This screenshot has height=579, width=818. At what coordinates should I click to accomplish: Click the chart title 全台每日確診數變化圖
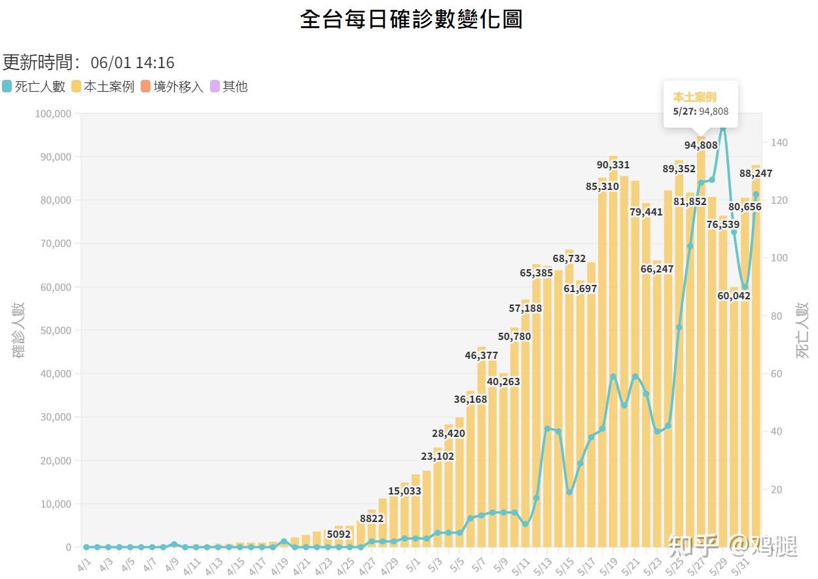(411, 19)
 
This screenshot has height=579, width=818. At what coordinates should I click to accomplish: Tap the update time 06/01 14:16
(132, 63)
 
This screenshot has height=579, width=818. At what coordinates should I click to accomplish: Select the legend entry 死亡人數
(33, 86)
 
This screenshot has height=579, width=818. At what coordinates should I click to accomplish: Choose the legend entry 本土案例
(103, 86)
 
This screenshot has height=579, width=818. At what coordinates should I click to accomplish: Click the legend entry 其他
(228, 86)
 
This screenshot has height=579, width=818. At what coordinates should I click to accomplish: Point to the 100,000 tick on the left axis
(53, 113)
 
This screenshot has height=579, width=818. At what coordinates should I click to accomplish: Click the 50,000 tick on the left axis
(56, 330)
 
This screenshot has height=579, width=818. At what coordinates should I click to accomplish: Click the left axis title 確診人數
(18, 330)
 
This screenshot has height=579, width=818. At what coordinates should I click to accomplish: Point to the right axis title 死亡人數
(802, 330)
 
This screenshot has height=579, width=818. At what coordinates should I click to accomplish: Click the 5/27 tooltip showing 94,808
(700, 104)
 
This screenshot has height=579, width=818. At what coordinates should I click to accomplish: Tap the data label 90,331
(613, 165)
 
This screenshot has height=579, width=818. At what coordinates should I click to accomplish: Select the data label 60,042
(734, 296)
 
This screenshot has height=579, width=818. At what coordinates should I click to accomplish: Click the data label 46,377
(481, 356)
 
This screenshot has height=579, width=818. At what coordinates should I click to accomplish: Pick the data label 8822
(372, 519)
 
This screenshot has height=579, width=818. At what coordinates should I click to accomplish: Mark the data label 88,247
(755, 174)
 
